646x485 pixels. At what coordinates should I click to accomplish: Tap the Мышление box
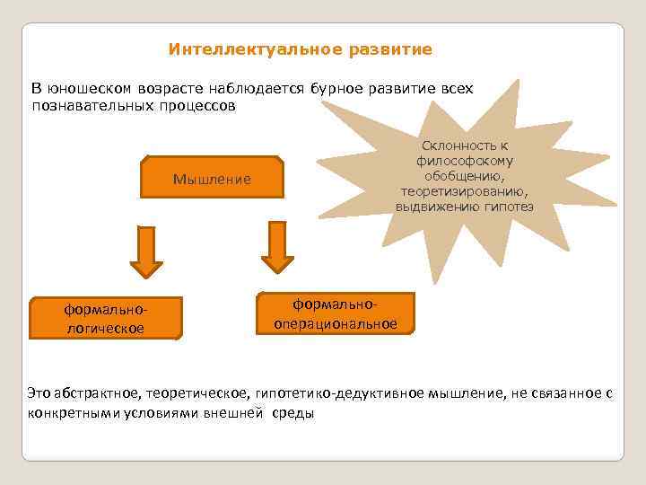coord(212,180)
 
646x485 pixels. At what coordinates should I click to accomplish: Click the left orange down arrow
coord(146,251)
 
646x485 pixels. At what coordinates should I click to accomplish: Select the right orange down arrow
coord(277,247)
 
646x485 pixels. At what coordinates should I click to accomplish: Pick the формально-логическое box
coord(105,319)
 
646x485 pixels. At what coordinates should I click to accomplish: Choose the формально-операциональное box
coord(336,313)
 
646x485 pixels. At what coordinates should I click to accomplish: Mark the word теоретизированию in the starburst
coord(465,191)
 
